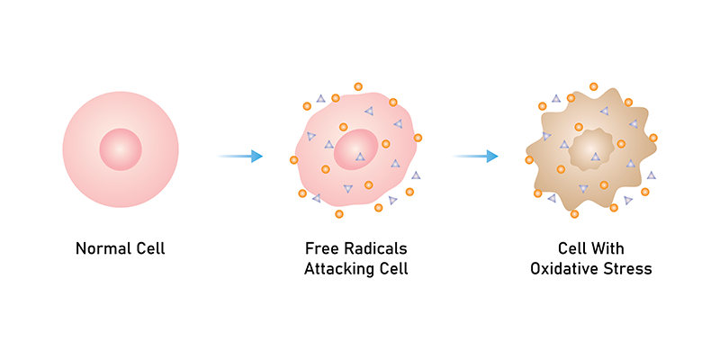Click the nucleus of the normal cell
coord(121,148)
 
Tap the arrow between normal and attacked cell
coord(240,156)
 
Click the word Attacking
coord(337,269)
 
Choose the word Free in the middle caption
coord(320,248)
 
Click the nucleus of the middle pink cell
coord(356,149)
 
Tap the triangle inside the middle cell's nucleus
coord(360,157)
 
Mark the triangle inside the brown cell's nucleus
coord(595,157)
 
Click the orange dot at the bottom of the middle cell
coord(339,214)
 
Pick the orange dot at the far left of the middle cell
coord(294,160)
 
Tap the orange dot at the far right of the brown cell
coord(652,138)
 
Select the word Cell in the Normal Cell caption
coord(147,248)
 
